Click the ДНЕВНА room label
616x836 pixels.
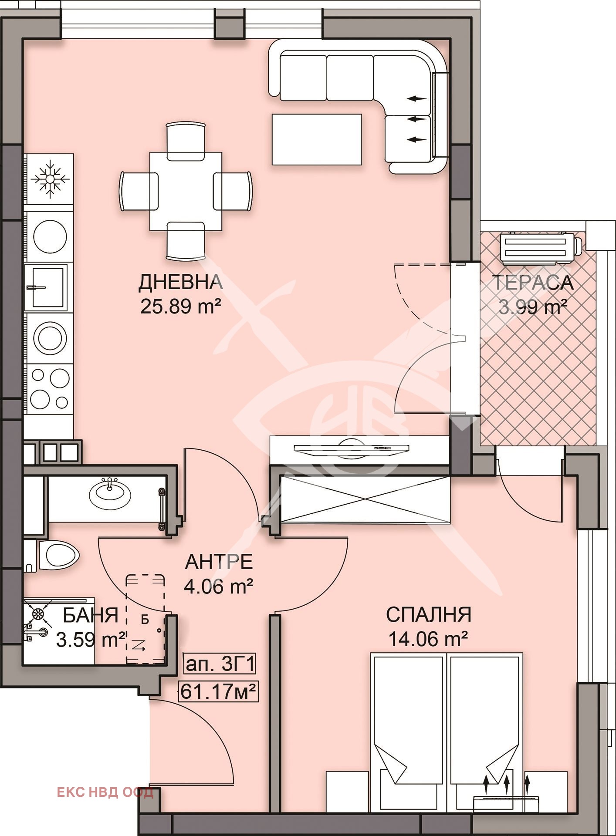pyautogui.click(x=180, y=282)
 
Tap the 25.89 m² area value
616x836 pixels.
pyautogui.click(x=180, y=307)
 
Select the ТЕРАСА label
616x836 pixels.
pyautogui.click(x=533, y=283)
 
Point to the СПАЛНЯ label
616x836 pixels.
pyautogui.click(x=429, y=614)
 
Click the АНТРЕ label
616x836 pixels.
pyautogui.click(x=219, y=562)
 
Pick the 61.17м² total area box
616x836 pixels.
pyautogui.click(x=218, y=691)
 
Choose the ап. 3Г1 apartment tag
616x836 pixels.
pyautogui.click(x=220, y=665)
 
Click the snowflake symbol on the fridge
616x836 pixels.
pyautogui.click(x=50, y=179)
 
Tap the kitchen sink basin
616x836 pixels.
pyautogui.click(x=46, y=287)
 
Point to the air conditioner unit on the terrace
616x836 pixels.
pyautogui.click(x=541, y=249)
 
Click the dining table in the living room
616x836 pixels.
pyautogui.click(x=186, y=191)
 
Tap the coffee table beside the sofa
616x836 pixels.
pyautogui.click(x=317, y=139)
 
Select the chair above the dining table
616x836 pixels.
pyautogui.click(x=186, y=141)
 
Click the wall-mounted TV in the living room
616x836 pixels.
pyautogui.click(x=351, y=448)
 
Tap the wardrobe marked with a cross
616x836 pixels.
pyautogui.click(x=365, y=499)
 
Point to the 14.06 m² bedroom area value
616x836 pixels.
pyautogui.click(x=428, y=640)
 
